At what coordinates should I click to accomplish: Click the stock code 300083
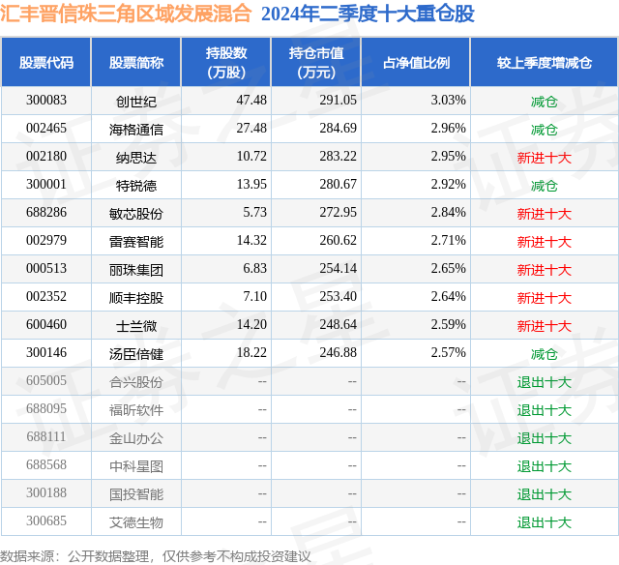coord(46,101)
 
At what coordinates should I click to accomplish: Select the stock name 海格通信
coord(136,129)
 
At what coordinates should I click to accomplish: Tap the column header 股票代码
coord(46,63)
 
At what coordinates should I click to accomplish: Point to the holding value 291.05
coord(338,101)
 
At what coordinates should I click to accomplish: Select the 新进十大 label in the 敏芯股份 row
coord(544,213)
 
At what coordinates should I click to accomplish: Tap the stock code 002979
coord(46,241)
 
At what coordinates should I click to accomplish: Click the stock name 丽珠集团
coord(136,269)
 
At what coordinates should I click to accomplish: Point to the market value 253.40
coord(338,297)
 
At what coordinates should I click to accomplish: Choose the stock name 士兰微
coord(136,325)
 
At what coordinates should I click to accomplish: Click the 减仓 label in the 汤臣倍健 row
coord(544,353)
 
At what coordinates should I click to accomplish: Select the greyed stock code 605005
coord(46,381)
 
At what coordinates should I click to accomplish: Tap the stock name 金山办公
coord(136,437)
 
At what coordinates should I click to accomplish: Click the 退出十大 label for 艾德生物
coord(544,522)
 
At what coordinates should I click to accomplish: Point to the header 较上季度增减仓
coord(544,63)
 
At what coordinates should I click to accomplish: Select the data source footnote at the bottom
coord(156,555)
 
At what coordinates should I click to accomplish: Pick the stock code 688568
coord(46,465)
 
